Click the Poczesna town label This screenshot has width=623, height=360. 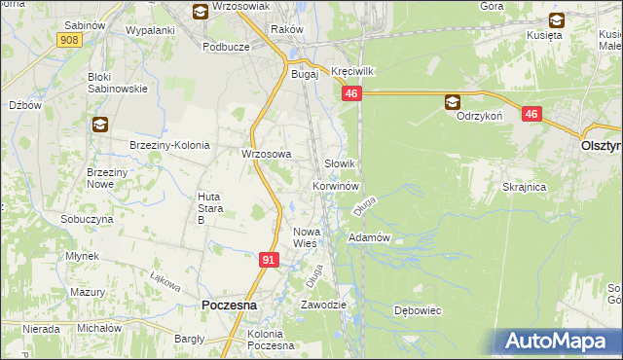(x=229, y=305)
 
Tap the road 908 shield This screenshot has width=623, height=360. (x=69, y=39)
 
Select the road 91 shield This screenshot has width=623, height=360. (x=271, y=260)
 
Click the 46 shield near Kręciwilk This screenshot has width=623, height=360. (x=352, y=93)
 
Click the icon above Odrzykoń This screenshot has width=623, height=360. (x=453, y=101)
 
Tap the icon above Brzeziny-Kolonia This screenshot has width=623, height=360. (x=100, y=125)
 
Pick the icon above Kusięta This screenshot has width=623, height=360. (x=557, y=18)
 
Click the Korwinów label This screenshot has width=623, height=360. (x=337, y=185)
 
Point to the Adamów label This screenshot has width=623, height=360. (x=369, y=237)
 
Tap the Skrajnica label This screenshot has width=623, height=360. (x=524, y=186)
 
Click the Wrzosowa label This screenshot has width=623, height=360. (x=267, y=154)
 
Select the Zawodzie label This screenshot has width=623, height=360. (x=324, y=305)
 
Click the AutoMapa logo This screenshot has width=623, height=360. (x=557, y=341)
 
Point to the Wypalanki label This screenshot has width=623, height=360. (x=150, y=30)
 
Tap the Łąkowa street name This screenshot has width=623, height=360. (x=166, y=281)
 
